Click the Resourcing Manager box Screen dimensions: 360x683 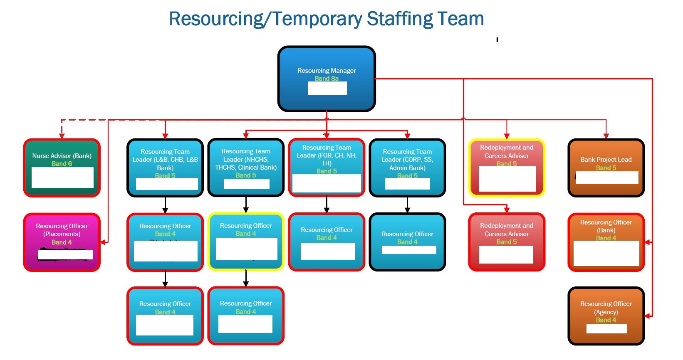pyautogui.click(x=327, y=79)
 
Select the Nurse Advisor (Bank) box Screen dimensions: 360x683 pyautogui.click(x=62, y=168)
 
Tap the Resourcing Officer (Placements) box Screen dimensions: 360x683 pyautogui.click(x=62, y=242)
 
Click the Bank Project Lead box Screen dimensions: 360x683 pyautogui.click(x=606, y=168)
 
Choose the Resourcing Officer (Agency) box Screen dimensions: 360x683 pyautogui.click(x=606, y=316)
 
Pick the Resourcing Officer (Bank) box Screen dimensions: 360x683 pyautogui.click(x=606, y=242)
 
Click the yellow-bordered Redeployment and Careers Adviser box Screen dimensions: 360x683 pyautogui.click(x=507, y=168)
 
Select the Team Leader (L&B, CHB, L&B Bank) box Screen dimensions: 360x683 pyautogui.click(x=165, y=168)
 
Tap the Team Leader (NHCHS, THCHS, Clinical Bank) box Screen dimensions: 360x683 pyautogui.click(x=246, y=168)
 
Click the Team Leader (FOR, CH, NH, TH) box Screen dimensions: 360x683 pyautogui.click(x=327, y=168)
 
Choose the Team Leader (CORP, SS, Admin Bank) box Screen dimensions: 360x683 pyautogui.click(x=407, y=168)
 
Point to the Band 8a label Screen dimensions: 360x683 pyautogui.click(x=327, y=79)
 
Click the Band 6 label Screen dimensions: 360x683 pyautogui.click(x=62, y=164)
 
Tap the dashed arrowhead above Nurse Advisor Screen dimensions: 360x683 pyautogui.click(x=62, y=136)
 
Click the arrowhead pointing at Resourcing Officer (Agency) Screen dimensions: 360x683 pyautogui.click(x=648, y=316)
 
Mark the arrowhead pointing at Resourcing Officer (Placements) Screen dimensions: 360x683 pyautogui.click(x=104, y=242)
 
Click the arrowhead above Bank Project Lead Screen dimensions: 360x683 pyautogui.click(x=606, y=136)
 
